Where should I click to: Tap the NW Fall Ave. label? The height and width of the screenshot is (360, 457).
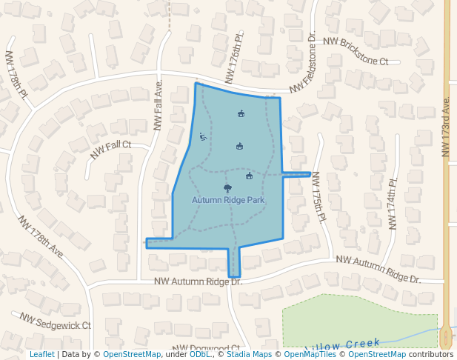[158, 105]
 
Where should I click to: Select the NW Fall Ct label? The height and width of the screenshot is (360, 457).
[110, 150]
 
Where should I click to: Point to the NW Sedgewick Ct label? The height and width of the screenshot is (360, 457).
[55, 321]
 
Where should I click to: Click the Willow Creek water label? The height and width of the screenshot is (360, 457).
[342, 344]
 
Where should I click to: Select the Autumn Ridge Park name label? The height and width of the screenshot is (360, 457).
[228, 200]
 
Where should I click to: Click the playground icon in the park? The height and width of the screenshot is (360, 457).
[202, 136]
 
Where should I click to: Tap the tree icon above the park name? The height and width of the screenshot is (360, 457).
[227, 188]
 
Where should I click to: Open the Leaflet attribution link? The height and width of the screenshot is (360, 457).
[41, 355]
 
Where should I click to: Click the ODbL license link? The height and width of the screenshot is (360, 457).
[200, 355]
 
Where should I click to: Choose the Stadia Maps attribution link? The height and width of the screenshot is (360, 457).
[248, 355]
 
